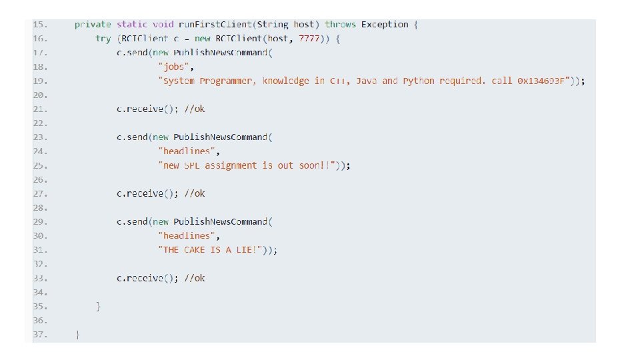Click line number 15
click(x=39, y=25)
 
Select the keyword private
click(x=93, y=25)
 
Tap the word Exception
click(x=385, y=25)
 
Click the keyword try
click(x=103, y=39)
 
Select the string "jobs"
click(x=176, y=67)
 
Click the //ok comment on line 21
click(x=195, y=109)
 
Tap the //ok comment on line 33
click(x=195, y=278)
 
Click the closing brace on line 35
click(x=99, y=306)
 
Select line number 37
click(x=39, y=334)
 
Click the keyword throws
click(x=341, y=25)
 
